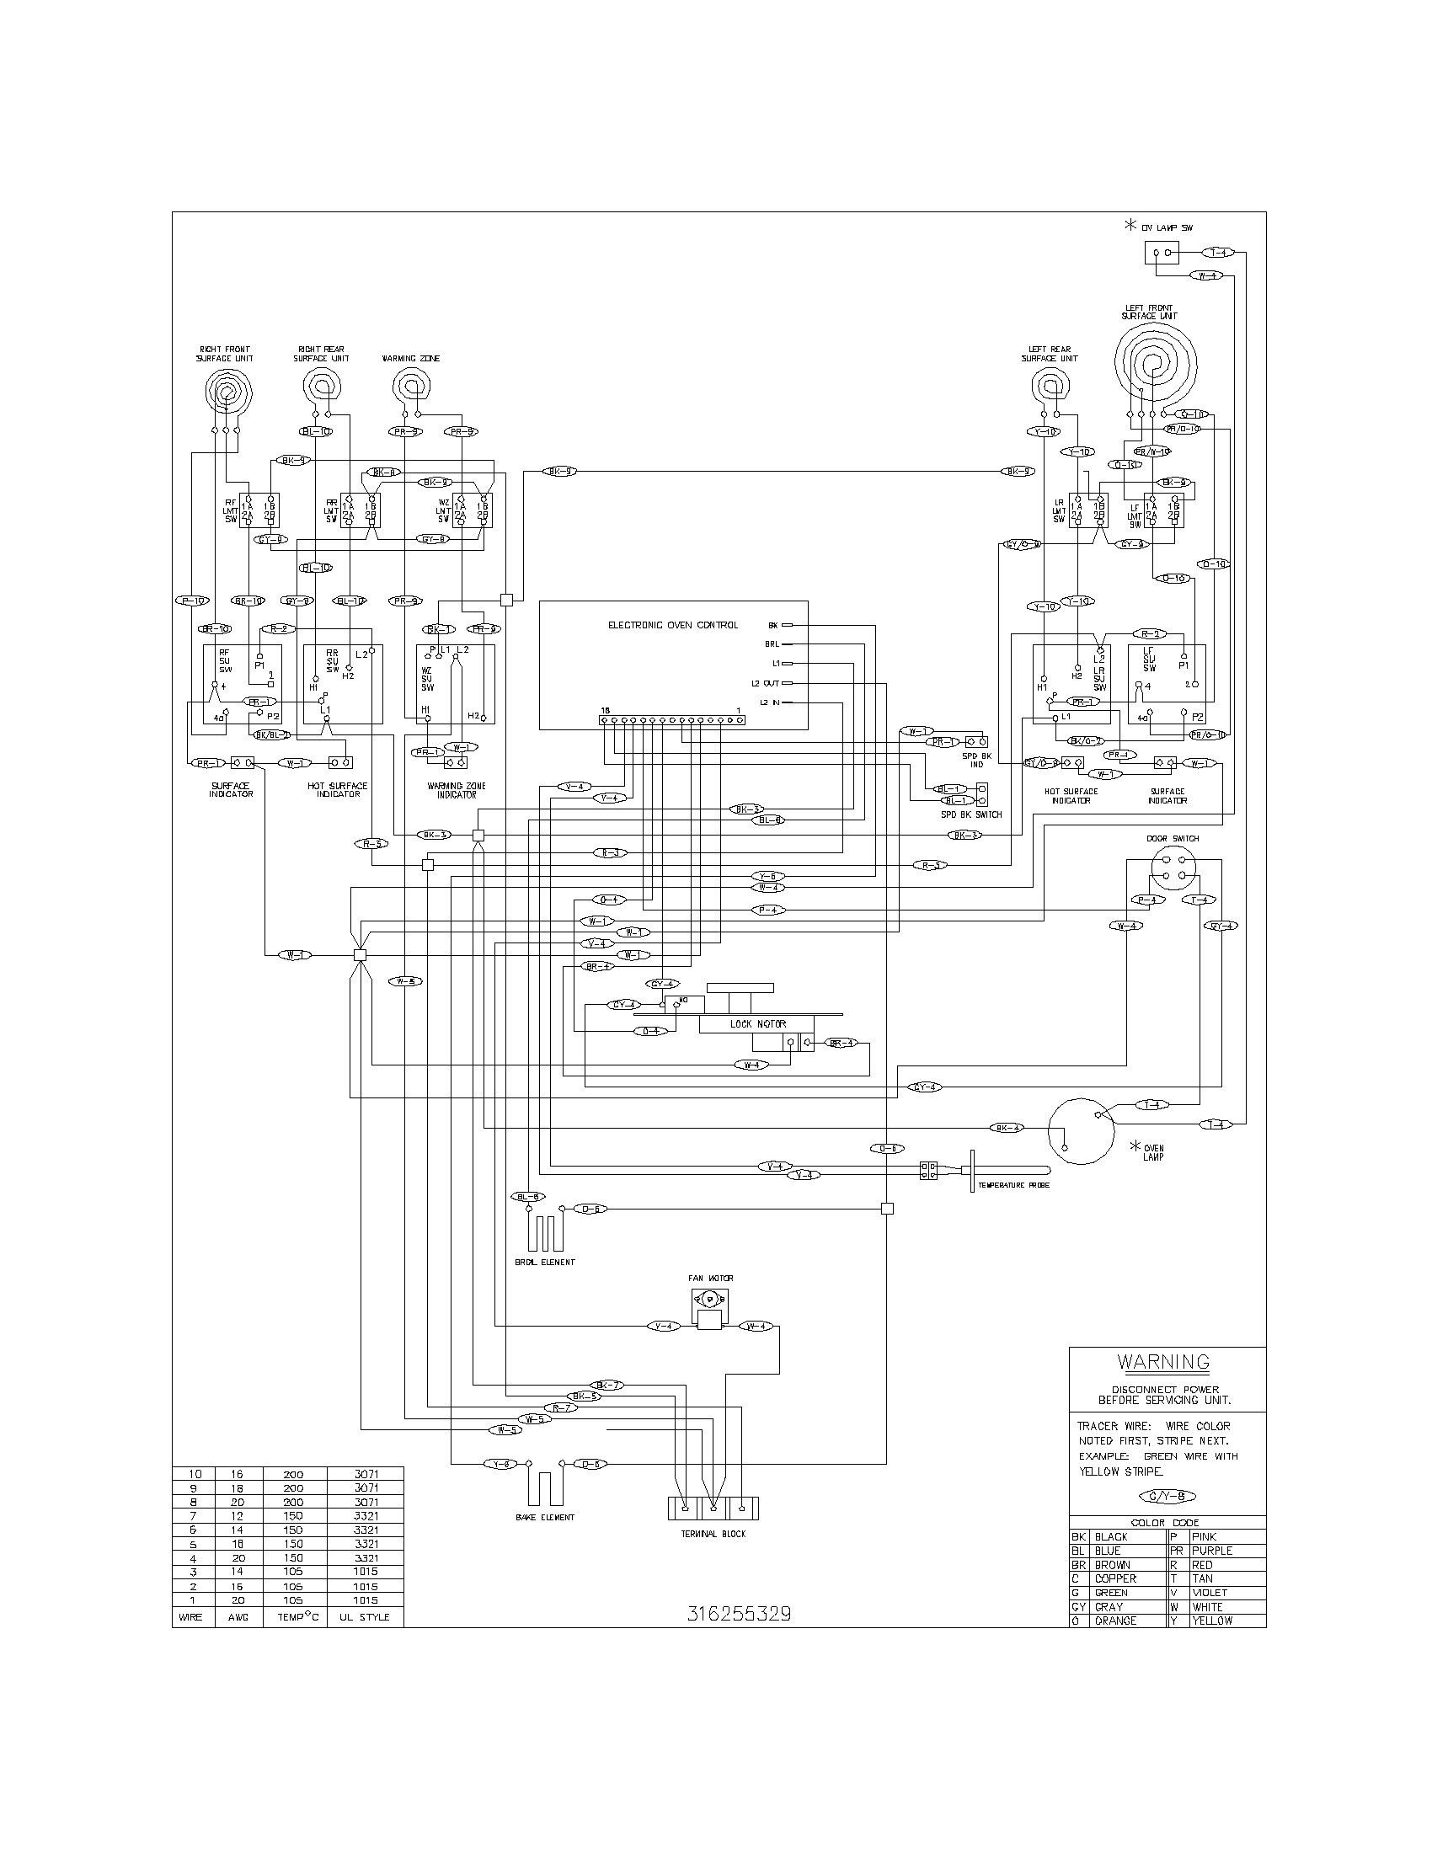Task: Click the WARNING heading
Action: point(1163,1363)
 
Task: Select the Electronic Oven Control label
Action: point(673,625)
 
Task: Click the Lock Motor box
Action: point(757,1024)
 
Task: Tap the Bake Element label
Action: point(545,1517)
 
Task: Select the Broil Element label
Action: point(545,1262)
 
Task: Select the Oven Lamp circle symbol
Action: point(1082,1130)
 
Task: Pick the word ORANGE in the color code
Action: point(1114,1621)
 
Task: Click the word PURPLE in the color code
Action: point(1211,1550)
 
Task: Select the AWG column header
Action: point(238,1617)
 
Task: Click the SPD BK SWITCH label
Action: point(970,814)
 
